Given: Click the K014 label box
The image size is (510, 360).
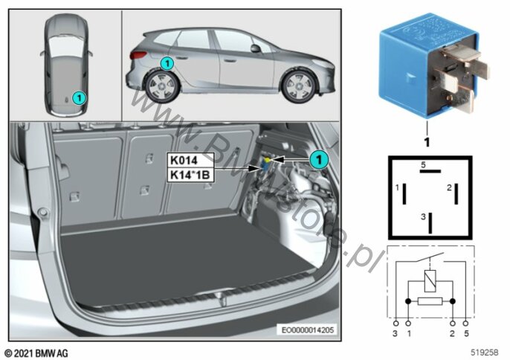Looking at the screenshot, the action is pos(190,160).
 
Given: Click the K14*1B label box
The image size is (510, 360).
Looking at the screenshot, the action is pos(190,175).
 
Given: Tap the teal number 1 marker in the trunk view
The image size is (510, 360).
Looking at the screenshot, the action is pos(318,159).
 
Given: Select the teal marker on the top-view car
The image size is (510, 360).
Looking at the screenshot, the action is pos(79,97).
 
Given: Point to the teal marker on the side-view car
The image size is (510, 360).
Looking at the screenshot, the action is pos(167,63).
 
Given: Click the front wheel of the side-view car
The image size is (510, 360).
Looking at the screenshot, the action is pos(299,86).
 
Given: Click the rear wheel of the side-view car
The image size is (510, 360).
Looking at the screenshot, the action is pos(162,86).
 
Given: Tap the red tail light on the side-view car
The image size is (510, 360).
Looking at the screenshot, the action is pos(138,55).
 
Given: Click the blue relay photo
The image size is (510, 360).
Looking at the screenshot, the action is pos(434,65).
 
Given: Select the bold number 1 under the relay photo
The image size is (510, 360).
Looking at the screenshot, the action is pos(427,142).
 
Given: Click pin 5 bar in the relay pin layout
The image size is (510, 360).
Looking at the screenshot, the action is pos(430,171).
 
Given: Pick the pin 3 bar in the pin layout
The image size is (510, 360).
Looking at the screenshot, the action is pos(430,223).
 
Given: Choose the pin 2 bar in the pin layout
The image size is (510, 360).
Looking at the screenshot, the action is pos(456,194).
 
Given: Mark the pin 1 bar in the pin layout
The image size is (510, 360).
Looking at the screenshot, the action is pos(404,194).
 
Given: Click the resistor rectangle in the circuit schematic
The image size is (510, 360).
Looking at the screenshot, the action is pos(430,301).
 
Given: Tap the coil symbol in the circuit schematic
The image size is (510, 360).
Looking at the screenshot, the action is pos(430,280).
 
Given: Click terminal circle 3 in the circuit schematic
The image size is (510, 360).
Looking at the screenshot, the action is pos(396,324).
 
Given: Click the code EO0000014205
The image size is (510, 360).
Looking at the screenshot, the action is pos(307,330).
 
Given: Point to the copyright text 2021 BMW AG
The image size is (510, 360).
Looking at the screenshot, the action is pos(36,353).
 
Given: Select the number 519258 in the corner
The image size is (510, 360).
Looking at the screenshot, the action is pos(484,352).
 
